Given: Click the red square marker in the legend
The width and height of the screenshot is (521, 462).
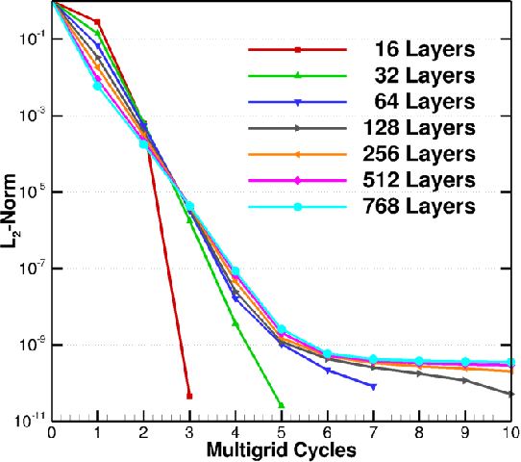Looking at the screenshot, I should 298,49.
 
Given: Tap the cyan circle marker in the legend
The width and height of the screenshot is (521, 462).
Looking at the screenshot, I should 298,206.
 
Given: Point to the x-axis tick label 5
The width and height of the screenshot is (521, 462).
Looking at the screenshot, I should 281,432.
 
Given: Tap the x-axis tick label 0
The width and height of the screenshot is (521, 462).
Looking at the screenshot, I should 51,432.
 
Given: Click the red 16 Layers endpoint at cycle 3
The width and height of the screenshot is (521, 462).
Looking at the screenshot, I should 189,396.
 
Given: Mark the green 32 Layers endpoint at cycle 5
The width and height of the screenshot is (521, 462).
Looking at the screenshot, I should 281,405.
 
